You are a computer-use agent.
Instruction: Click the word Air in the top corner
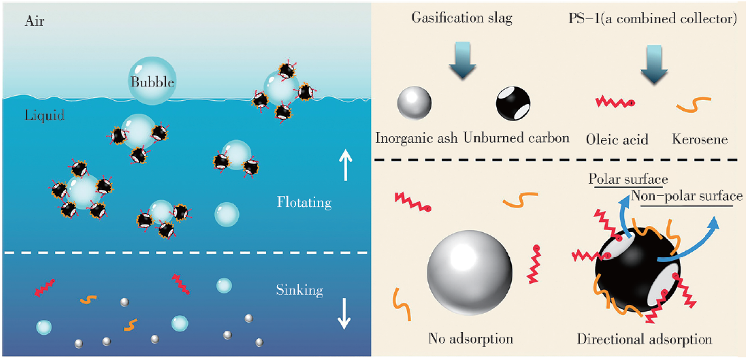coord(35,22)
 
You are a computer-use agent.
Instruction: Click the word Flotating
coord(304,202)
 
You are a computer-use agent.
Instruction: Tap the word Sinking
coord(299,291)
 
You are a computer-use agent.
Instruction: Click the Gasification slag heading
coord(461,18)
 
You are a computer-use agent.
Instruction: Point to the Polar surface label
coord(628,180)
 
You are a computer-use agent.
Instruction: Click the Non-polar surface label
coord(686,197)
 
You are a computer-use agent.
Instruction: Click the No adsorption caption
coord(470,339)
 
